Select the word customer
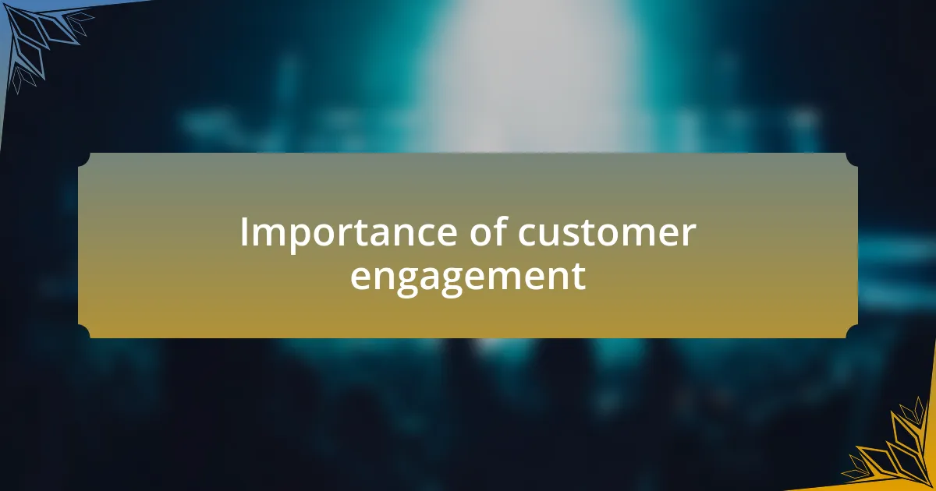[607, 233]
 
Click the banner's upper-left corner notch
[84, 159]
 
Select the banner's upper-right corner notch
[852, 159]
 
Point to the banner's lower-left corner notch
[84, 331]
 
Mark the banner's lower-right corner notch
[852, 331]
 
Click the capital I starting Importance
[243, 231]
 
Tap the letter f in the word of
[502, 231]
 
